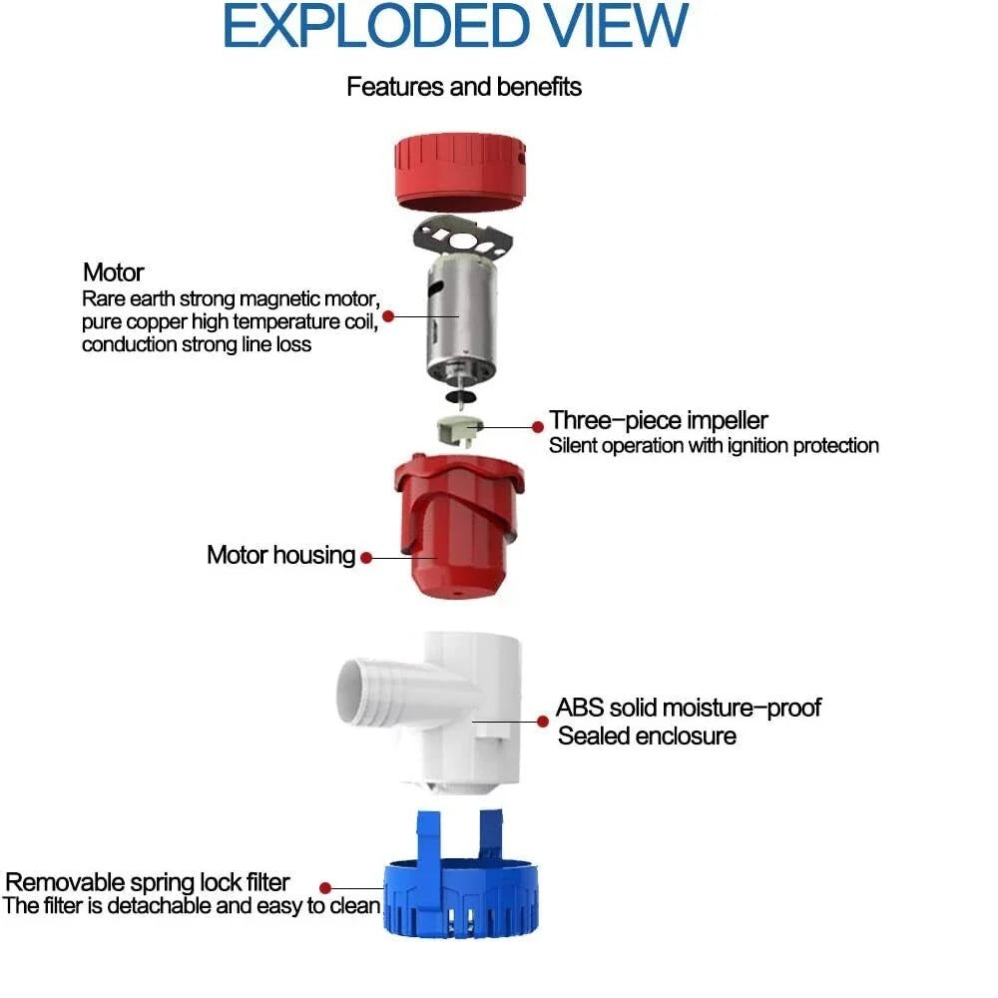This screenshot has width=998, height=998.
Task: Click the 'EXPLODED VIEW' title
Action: tap(456, 26)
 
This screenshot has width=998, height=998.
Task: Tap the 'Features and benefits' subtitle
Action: tap(464, 87)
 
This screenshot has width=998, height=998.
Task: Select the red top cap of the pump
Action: tap(460, 172)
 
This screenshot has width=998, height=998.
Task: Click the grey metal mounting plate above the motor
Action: tap(463, 239)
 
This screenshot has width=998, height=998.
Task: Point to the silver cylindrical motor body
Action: tap(461, 318)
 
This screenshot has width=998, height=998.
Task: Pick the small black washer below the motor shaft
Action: tap(461, 397)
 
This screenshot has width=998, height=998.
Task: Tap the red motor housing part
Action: tap(459, 526)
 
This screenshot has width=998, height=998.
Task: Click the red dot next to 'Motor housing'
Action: tap(366, 558)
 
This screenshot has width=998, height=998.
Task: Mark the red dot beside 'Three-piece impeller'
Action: tap(538, 427)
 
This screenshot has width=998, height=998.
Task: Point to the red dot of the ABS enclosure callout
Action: tap(543, 722)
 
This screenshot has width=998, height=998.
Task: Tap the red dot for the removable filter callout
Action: tap(325, 888)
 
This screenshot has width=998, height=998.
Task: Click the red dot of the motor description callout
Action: tap(388, 316)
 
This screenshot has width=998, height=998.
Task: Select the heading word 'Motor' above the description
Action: tap(114, 272)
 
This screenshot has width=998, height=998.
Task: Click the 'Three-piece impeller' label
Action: tap(659, 420)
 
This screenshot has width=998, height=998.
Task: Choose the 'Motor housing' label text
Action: tap(281, 555)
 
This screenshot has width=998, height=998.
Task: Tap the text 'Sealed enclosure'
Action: tap(648, 736)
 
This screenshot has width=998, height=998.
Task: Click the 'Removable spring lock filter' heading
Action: tap(148, 882)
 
